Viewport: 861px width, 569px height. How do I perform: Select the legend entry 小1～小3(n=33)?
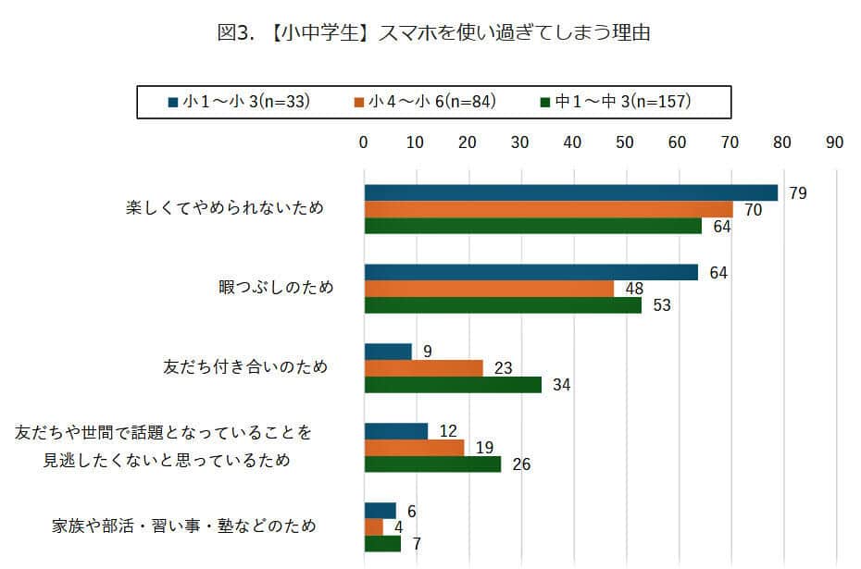point(239,102)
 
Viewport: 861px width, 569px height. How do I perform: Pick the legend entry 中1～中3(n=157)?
point(615,102)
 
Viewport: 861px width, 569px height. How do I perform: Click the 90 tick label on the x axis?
point(834,142)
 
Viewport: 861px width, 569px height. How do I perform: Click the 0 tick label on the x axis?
point(364,142)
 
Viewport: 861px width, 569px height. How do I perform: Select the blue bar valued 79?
point(570,192)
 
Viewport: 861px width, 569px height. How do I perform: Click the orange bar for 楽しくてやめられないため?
point(548,209)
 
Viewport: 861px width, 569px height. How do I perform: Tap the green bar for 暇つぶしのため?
point(503,305)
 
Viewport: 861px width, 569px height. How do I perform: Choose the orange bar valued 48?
point(489,289)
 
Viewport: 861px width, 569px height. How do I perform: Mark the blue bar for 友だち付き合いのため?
point(388,352)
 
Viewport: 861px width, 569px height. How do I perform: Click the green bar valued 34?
point(453,385)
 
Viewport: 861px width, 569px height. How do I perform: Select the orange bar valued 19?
point(414,448)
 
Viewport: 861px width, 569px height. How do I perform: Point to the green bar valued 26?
point(432,464)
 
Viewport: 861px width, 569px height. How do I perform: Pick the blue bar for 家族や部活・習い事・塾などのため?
point(380,511)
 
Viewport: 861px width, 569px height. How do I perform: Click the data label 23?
point(504,368)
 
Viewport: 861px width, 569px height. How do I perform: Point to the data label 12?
point(449,431)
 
